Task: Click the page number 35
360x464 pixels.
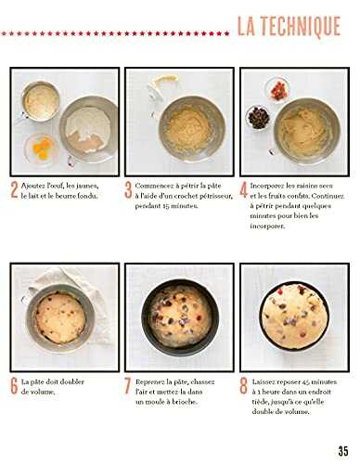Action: coord(343,451)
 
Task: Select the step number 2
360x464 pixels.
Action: coord(14,190)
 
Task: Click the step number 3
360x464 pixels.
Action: coord(128,190)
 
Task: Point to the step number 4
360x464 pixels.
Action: coord(244,190)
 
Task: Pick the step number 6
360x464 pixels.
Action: coord(14,386)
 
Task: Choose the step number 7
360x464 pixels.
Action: coord(128,386)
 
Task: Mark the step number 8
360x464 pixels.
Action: coord(244,386)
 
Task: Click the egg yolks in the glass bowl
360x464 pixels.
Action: coord(43,148)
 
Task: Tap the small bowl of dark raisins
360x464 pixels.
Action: coord(259,118)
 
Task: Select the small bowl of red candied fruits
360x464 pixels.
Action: coord(277,90)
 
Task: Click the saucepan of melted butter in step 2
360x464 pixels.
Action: coord(40,101)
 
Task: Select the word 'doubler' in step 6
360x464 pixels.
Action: coord(71,381)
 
